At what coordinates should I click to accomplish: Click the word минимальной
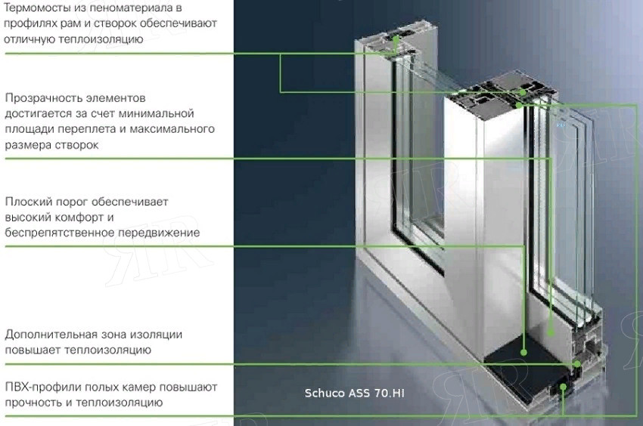[156, 113]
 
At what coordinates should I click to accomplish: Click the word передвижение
[159, 233]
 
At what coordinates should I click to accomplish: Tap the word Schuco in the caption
[325, 394]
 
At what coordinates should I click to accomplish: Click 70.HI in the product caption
[389, 394]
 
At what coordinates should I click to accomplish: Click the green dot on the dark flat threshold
[523, 352]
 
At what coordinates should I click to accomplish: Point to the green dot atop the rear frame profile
[396, 39]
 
